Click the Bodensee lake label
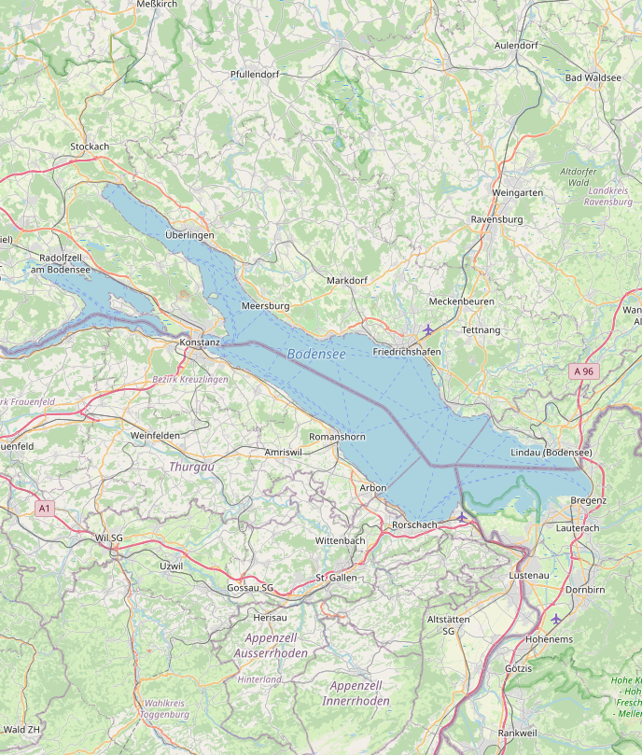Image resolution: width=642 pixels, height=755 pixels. coord(316,354)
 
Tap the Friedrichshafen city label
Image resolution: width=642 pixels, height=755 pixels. coord(406,352)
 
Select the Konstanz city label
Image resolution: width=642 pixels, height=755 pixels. coord(199,343)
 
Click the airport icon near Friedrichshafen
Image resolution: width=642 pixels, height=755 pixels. coord(428,329)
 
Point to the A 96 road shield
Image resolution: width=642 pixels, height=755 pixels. coord(583,371)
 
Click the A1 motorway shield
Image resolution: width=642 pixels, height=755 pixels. coord(44,508)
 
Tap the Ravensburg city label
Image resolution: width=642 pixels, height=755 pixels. coord(496,219)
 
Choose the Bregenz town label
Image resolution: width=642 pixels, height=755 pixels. coord(588,500)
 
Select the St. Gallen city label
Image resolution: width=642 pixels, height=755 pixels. coord(336,578)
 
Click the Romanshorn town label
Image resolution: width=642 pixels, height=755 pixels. coord(337,437)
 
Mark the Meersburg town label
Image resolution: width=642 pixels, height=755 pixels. coord(265,306)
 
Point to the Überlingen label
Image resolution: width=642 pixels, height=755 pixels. coord(189,235)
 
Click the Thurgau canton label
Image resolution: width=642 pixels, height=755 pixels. coord(191,466)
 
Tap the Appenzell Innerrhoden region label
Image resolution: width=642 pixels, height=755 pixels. coord(359,692)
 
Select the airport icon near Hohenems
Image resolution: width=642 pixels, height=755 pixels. coord(556,619)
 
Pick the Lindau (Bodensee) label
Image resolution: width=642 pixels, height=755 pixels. coord(551,453)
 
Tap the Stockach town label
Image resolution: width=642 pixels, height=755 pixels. coord(90,147)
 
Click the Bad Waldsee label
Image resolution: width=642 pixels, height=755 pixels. coord(593,77)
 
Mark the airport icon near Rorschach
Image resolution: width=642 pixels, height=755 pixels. coord(461,516)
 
